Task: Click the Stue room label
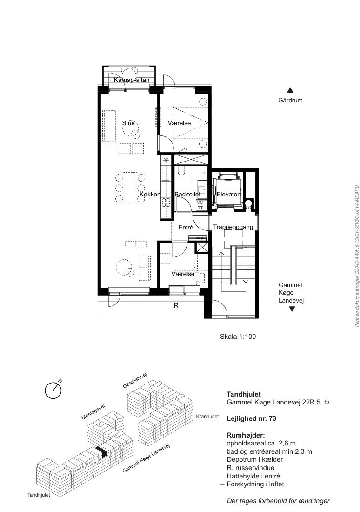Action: (x=128, y=123)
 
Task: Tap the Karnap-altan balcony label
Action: (x=132, y=80)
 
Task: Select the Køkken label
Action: (x=150, y=194)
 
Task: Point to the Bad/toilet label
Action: (x=187, y=194)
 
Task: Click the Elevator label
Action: (x=228, y=194)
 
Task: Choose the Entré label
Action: (x=186, y=227)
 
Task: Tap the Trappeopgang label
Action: (x=233, y=227)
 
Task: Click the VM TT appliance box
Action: (x=200, y=205)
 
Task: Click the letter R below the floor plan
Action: (x=176, y=306)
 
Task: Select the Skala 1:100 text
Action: (x=238, y=337)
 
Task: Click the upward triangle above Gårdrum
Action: (x=290, y=90)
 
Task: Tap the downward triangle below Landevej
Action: (x=292, y=309)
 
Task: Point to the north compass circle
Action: (x=53, y=391)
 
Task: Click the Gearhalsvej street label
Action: (x=135, y=380)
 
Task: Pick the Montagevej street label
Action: (x=93, y=411)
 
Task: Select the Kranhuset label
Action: (x=207, y=416)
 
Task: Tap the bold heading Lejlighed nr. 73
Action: (x=251, y=418)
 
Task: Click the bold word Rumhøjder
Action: (x=246, y=435)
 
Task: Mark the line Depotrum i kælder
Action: (x=254, y=459)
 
